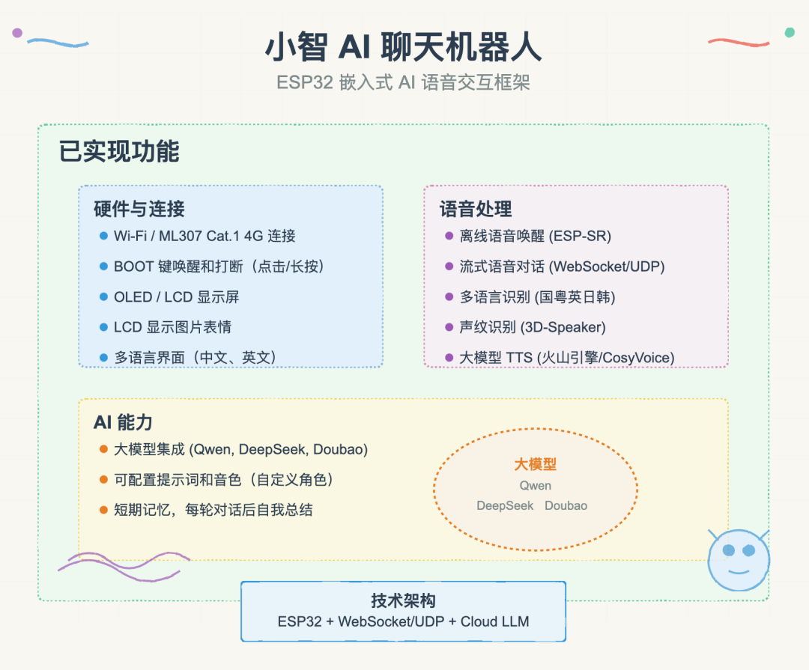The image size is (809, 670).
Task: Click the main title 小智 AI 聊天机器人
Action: pos(404,47)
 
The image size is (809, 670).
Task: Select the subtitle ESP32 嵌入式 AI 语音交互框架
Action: pos(403,82)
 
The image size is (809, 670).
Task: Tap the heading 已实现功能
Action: pos(119,151)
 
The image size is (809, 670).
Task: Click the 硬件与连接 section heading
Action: pos(139,209)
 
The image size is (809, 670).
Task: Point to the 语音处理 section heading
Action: pos(476,209)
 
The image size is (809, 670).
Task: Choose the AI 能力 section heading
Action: pos(123,422)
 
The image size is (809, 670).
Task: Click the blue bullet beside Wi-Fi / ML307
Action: pos(103,236)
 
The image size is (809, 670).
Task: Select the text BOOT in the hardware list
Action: pos(133,267)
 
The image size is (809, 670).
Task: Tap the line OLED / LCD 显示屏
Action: pos(177,297)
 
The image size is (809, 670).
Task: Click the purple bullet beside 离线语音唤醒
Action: pos(449,236)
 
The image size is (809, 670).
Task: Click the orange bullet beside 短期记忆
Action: pos(103,510)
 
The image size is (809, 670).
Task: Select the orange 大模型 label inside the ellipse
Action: pos(536,464)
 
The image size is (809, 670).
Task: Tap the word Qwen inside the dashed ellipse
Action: pos(536,486)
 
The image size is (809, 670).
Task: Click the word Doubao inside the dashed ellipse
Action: pos(566,505)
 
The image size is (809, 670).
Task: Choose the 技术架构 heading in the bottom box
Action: pos(403,600)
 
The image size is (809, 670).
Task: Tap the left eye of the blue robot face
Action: pos(729,550)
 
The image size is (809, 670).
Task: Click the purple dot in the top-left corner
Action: pos(17,33)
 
